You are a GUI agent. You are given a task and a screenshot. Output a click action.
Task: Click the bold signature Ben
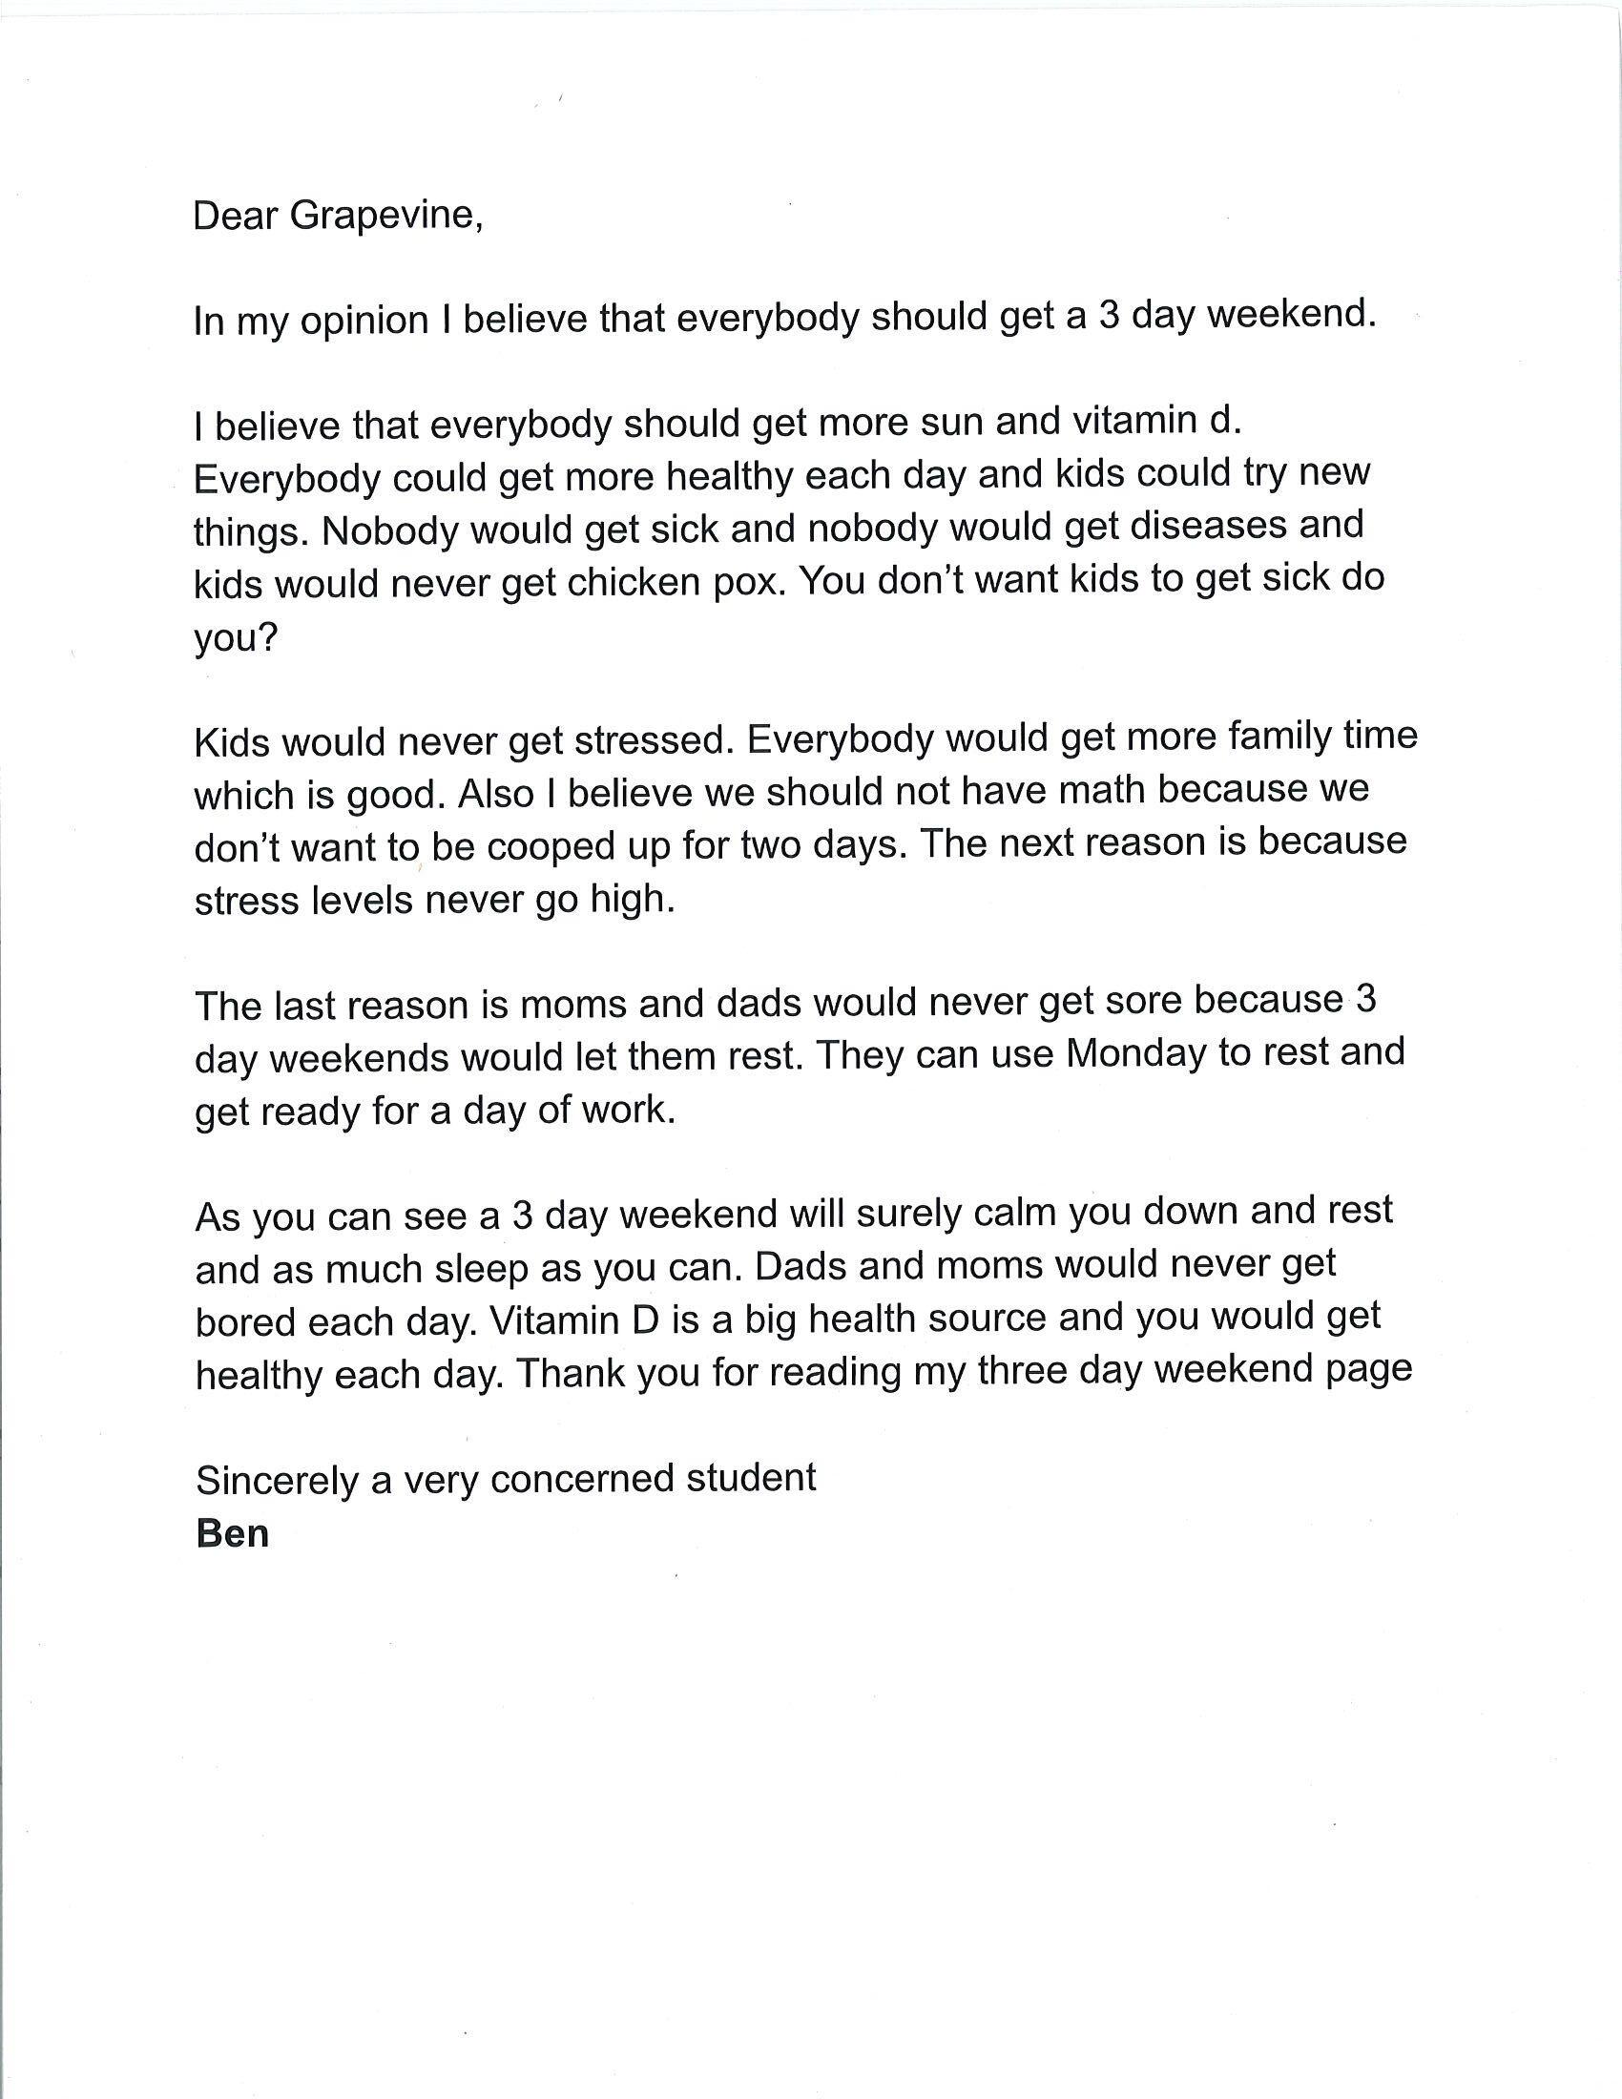[x=233, y=1533]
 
